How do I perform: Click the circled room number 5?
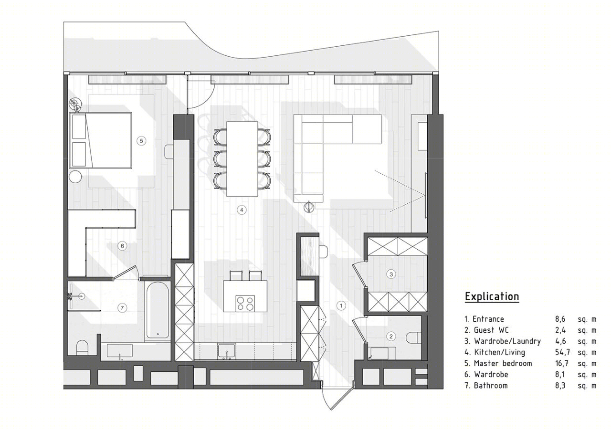(x=141, y=141)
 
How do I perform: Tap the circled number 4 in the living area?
(x=242, y=210)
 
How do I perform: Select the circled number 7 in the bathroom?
(x=122, y=308)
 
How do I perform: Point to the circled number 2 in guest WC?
(x=391, y=337)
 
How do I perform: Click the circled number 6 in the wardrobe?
(x=122, y=246)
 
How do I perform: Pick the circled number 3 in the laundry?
(x=391, y=274)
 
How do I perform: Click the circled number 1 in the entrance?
(x=341, y=306)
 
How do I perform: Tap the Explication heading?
(x=492, y=296)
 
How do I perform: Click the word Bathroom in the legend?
(x=491, y=386)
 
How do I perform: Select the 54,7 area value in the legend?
(x=562, y=352)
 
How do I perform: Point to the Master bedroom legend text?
(x=503, y=363)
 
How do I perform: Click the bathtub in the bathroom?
(x=158, y=310)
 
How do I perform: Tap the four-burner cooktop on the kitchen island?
(x=245, y=304)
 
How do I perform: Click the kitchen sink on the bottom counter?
(x=226, y=351)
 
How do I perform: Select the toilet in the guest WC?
(x=413, y=337)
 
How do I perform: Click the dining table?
(x=242, y=159)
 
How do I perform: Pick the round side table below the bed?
(x=75, y=177)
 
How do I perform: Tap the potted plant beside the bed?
(x=75, y=105)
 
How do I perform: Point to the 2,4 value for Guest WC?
(x=560, y=330)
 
